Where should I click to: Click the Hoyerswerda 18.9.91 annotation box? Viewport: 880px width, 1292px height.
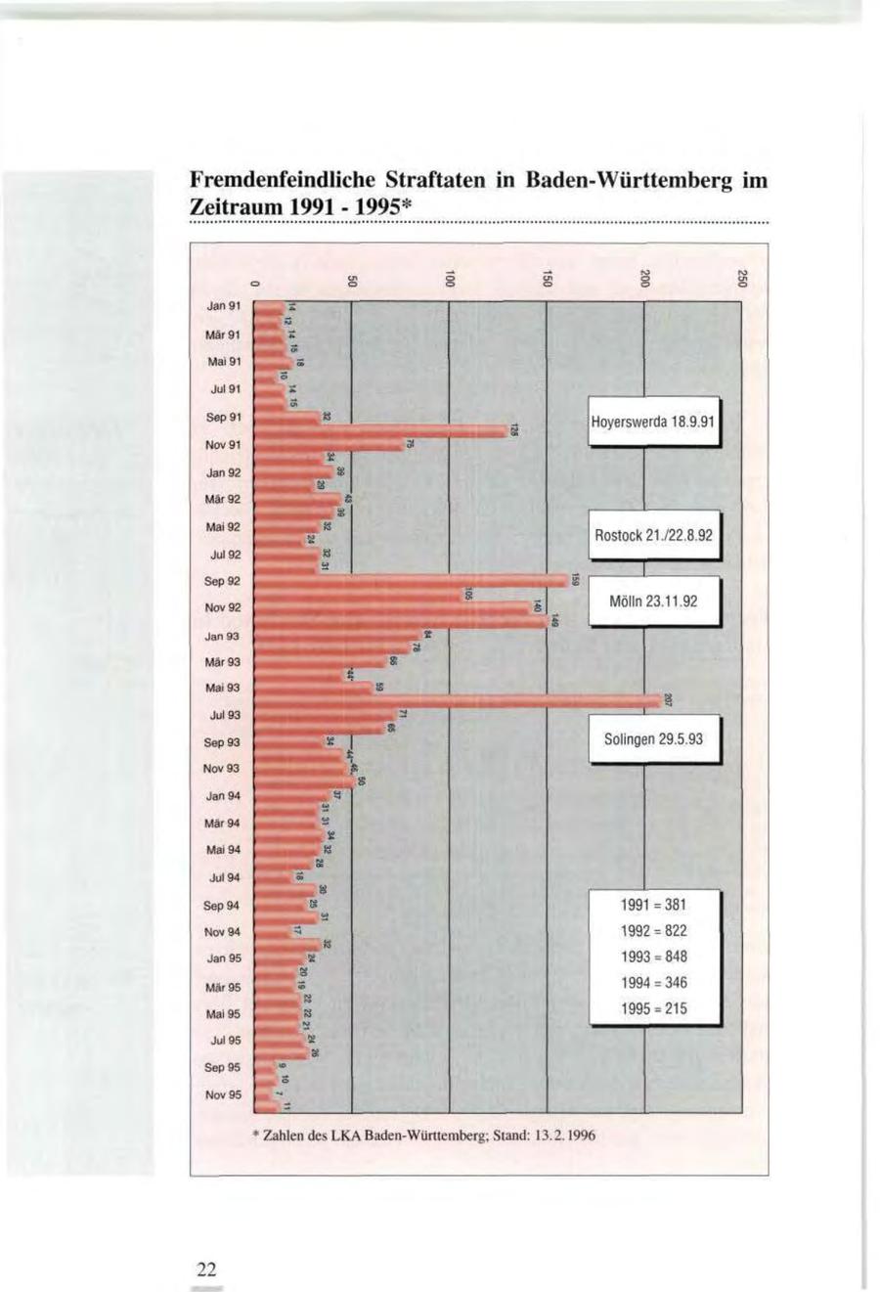coord(653,423)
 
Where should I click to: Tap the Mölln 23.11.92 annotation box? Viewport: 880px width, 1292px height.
coord(653,601)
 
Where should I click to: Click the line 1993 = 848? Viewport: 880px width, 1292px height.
coord(653,957)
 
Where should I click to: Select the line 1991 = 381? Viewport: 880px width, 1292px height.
coord(653,905)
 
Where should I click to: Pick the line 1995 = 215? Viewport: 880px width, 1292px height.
coord(653,1008)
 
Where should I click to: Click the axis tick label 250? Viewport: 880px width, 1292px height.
coord(742,279)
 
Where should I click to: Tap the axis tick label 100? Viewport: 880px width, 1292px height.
coord(449,279)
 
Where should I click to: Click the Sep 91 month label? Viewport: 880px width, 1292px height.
coord(224,417)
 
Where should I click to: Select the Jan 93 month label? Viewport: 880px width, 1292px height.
coord(224,636)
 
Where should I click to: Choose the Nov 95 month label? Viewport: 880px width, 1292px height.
coord(223,1094)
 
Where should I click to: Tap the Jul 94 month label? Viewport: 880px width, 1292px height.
coord(224,877)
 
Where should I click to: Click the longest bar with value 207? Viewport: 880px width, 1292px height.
coord(460,700)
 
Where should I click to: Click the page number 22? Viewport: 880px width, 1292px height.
coord(205,1270)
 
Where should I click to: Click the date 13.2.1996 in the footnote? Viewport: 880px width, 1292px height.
coord(561,1136)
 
